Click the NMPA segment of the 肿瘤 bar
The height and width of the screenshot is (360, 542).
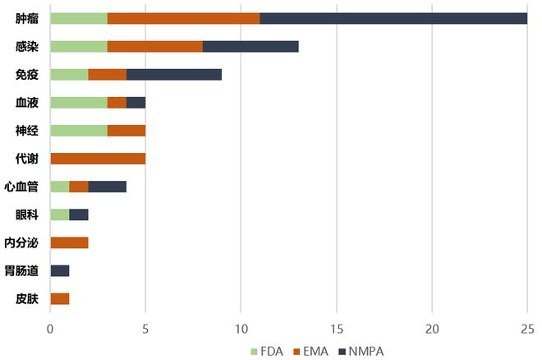(393, 18)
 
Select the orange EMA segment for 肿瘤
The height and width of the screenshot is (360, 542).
(183, 18)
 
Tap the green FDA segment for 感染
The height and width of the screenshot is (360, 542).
(79, 47)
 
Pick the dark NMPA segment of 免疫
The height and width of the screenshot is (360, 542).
(174, 75)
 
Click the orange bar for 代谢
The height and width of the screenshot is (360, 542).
(98, 158)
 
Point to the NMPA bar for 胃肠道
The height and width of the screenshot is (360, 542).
(60, 270)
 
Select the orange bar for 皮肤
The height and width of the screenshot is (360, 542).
(60, 298)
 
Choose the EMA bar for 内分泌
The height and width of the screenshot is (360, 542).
(69, 242)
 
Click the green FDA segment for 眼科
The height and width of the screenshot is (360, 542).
(60, 215)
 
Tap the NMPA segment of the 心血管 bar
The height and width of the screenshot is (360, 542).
(108, 187)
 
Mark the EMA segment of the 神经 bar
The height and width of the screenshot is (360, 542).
(126, 130)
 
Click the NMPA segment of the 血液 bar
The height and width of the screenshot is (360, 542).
(136, 103)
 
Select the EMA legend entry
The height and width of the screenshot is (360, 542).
(316, 351)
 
